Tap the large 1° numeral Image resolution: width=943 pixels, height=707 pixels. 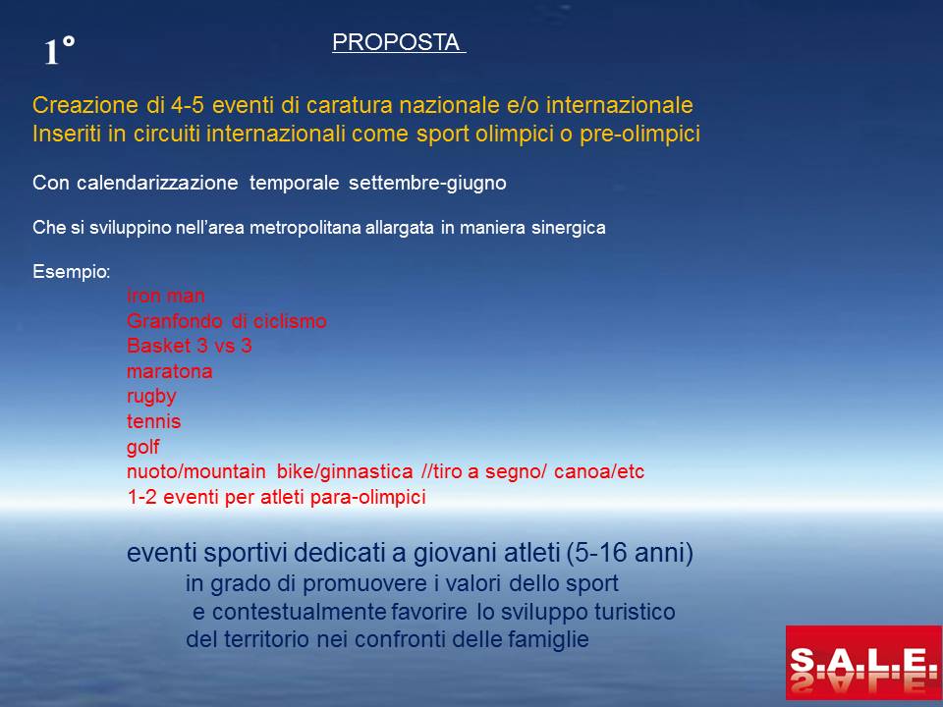click(60, 50)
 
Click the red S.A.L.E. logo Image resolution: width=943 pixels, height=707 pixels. click(863, 663)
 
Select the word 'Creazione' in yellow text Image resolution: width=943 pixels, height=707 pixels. click(85, 105)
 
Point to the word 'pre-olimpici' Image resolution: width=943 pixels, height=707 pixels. click(639, 134)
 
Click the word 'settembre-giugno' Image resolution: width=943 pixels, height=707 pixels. click(427, 183)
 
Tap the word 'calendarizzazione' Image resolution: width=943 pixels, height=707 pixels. click(157, 183)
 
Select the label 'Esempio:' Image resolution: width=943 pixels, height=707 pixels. click(72, 272)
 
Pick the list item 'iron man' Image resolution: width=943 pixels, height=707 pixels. click(166, 296)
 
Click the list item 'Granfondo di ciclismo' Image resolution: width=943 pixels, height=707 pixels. click(227, 321)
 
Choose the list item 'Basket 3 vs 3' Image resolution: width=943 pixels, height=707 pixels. click(190, 346)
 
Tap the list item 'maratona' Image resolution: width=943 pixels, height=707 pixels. click(170, 371)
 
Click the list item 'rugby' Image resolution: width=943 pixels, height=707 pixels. click(151, 397)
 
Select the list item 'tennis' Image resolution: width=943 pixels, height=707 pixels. click(154, 421)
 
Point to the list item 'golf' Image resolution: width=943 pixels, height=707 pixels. click(143, 447)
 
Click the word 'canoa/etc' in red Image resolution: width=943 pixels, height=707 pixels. click(599, 472)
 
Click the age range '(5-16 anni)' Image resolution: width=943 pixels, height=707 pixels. click(630, 553)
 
